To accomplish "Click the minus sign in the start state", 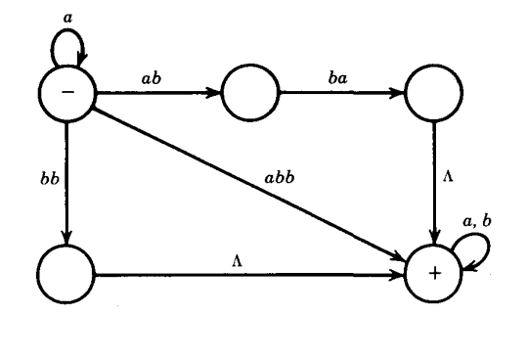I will pos(65,95).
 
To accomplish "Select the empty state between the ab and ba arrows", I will pos(249,95).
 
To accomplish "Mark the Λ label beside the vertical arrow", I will pos(451,180).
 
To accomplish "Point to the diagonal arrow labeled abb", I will pos(244,181).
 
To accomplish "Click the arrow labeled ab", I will pos(156,95).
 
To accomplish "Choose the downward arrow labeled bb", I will pos(65,181).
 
